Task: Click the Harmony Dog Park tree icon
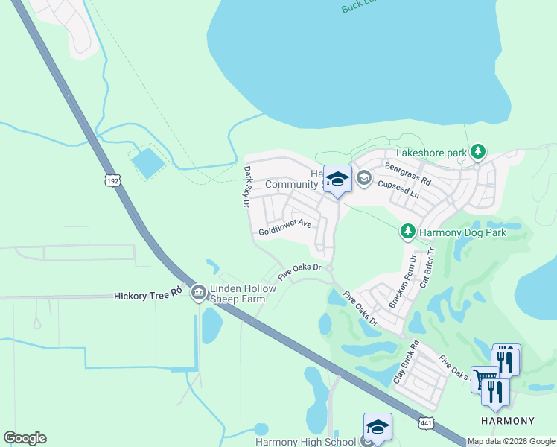pos(407,232)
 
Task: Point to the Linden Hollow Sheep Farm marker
pos(198,293)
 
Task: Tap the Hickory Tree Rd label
pos(148,296)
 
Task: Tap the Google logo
pos(25,438)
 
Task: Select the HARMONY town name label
pos(508,421)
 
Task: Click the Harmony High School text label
pos(306,441)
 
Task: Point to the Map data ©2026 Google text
pos(511,442)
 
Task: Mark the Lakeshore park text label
pos(431,153)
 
